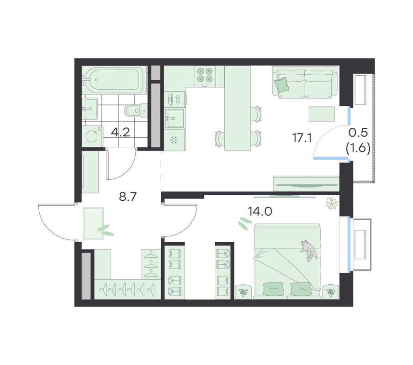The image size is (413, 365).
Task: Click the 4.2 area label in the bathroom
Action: point(121,132)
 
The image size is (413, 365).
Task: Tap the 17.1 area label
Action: point(302,137)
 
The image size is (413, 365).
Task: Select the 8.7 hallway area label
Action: point(128,197)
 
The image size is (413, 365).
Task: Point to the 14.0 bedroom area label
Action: point(260,211)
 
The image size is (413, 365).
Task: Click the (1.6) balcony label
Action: point(358,149)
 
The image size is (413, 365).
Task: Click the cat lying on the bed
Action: point(308,250)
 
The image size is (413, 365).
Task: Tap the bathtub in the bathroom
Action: point(114,80)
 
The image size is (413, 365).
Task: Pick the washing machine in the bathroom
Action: point(92,136)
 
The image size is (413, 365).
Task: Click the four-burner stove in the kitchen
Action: point(205,76)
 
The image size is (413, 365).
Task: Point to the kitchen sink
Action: point(175,118)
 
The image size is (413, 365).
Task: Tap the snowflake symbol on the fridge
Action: point(174,140)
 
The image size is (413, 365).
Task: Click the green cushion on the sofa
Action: point(281,85)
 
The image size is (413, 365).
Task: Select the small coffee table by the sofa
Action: point(322,114)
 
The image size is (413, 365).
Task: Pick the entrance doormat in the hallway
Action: point(94,223)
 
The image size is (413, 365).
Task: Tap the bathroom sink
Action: point(90,108)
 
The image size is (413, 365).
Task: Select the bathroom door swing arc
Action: point(126,171)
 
